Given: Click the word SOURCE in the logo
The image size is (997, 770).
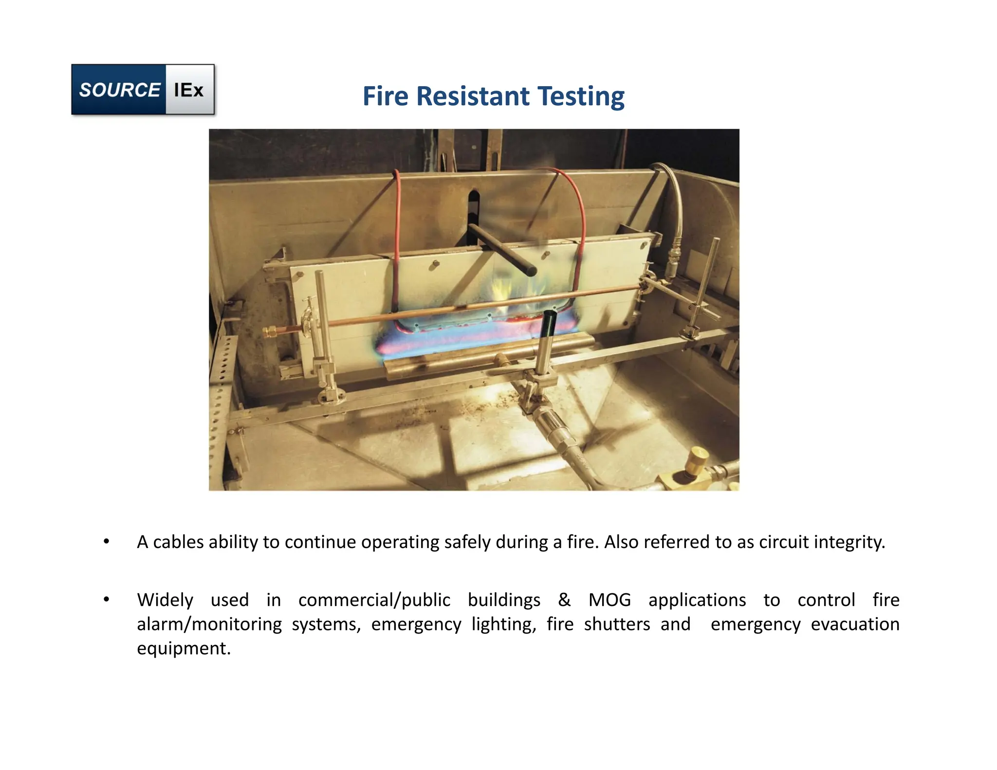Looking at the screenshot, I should (119, 90).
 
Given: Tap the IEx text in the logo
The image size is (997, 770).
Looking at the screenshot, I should (189, 90).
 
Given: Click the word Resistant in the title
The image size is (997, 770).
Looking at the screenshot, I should (473, 96).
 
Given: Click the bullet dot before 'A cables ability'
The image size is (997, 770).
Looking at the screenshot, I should (106, 542).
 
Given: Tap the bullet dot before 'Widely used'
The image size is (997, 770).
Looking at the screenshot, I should (106, 600).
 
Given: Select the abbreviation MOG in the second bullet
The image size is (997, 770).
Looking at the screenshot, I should (609, 600).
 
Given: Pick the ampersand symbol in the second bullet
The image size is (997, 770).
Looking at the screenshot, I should (564, 600).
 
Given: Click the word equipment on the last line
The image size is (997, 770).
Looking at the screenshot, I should (184, 649).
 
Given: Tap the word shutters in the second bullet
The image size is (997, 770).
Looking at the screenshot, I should (617, 624).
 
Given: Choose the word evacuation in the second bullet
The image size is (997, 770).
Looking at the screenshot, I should (855, 624).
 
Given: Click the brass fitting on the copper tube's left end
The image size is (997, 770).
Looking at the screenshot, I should (270, 332).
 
